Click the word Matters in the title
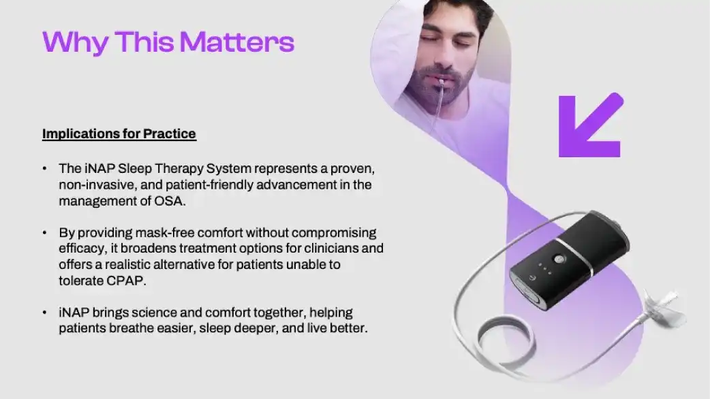click(x=237, y=42)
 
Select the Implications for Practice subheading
click(x=119, y=134)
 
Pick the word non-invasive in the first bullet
click(x=99, y=185)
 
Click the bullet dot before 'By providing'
click(x=44, y=233)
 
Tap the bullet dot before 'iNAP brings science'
click(x=44, y=313)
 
